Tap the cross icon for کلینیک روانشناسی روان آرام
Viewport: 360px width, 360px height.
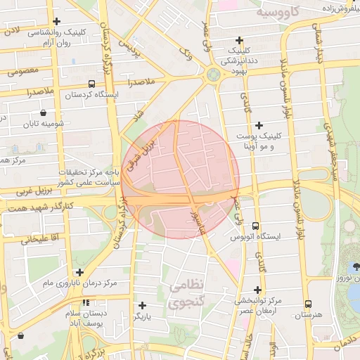(56, 21)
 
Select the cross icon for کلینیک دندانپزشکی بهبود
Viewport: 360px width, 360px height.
(240, 40)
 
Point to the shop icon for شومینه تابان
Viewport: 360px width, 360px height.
(44, 112)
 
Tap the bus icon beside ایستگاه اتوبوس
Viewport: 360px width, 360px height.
(255, 226)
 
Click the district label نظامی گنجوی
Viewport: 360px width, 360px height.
(186, 294)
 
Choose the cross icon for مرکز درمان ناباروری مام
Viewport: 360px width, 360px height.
(79, 272)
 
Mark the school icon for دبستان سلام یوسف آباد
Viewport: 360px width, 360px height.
(86, 302)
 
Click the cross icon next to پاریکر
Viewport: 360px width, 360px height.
(143, 305)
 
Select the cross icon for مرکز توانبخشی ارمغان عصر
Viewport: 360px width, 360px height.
(258, 290)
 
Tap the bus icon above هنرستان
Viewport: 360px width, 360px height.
(309, 304)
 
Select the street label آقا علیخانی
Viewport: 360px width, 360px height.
(26, 238)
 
